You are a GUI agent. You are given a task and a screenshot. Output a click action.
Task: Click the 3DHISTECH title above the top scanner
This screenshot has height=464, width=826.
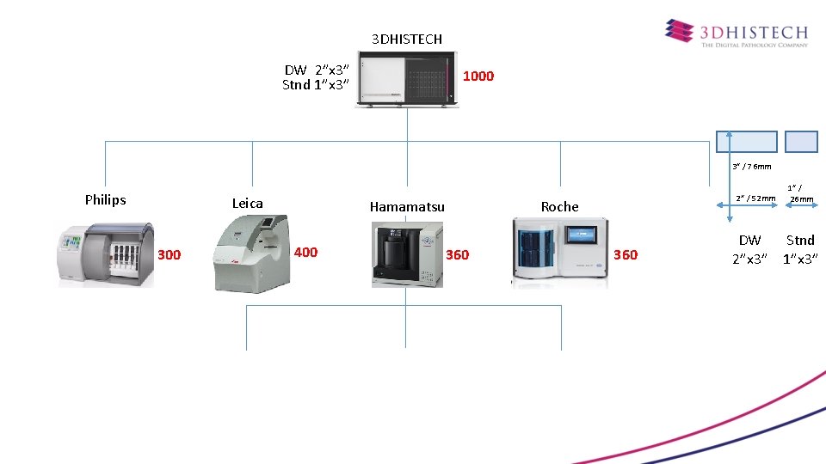pos(407,39)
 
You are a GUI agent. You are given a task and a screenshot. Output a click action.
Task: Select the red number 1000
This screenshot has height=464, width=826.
pos(478,76)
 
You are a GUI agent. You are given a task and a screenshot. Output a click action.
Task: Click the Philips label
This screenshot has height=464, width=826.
pos(105,200)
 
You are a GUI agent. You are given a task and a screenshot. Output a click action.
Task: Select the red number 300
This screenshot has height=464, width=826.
pos(170,254)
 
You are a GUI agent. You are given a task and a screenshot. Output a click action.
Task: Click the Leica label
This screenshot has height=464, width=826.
pos(247,203)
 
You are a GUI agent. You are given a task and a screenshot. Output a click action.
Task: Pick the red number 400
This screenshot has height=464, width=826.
pos(305,252)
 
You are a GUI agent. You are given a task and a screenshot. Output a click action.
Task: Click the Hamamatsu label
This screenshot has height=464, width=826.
pos(407,206)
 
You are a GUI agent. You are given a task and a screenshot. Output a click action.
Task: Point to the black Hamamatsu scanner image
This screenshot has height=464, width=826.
pos(407,254)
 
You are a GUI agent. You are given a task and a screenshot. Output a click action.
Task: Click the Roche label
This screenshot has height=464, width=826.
pos(559,206)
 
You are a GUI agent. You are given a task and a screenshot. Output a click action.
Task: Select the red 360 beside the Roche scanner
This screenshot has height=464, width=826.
pos(626,254)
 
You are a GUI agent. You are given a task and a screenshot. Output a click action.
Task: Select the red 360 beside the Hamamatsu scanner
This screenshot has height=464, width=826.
pos(458,254)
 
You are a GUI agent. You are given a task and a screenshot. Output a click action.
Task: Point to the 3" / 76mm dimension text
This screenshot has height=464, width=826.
pos(751,167)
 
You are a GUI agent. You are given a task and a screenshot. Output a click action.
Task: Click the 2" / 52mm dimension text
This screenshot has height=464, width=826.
pos(755,198)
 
